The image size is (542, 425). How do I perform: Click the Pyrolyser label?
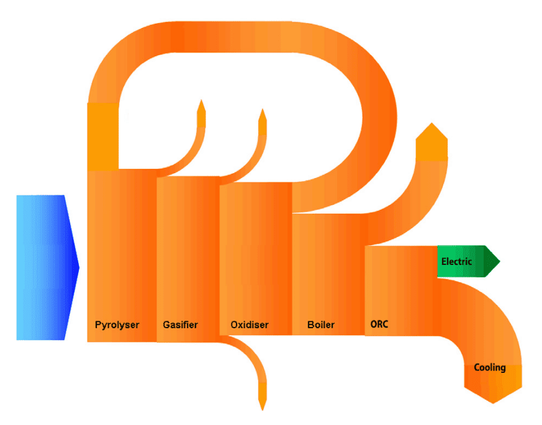coord(117,324)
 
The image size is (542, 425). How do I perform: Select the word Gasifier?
coord(180,324)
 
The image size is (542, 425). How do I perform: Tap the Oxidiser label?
coord(249,324)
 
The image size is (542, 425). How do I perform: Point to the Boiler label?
coord(320,324)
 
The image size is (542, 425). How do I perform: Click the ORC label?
coord(379,324)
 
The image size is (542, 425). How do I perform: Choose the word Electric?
coord(456,262)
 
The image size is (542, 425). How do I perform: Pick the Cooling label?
coord(489,367)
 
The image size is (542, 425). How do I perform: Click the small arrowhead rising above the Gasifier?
coord(201,108)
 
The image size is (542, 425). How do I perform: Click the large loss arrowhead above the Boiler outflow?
coord(431,135)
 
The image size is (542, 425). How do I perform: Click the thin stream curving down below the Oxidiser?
coord(251,357)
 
